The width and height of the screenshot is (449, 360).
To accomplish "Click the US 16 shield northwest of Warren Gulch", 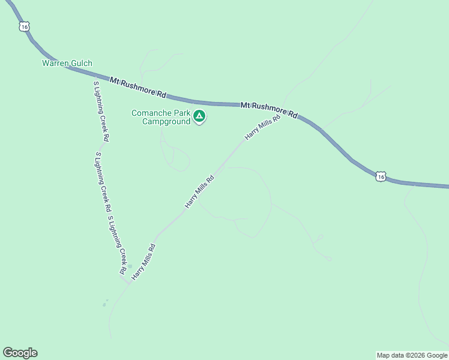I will pyautogui.click(x=23, y=26).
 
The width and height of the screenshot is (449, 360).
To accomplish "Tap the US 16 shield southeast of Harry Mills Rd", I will pyautogui.click(x=381, y=176).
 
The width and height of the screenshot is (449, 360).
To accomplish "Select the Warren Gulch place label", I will pyautogui.click(x=67, y=63).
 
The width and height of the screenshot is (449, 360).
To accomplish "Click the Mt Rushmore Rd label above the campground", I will pyautogui.click(x=137, y=87).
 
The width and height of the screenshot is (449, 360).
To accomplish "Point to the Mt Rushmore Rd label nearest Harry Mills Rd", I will pyautogui.click(x=269, y=109).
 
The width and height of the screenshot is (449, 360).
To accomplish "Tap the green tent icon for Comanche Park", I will pyautogui.click(x=199, y=116).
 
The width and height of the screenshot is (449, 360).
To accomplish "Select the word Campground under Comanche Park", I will pyautogui.click(x=166, y=121).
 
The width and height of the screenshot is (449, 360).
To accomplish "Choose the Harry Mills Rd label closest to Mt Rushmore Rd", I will pyautogui.click(x=263, y=128).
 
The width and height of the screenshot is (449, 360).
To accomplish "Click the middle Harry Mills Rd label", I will pyautogui.click(x=200, y=191).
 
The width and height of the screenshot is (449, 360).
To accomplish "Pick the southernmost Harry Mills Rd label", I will pyautogui.click(x=144, y=262).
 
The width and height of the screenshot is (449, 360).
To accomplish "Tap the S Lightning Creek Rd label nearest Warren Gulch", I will pyautogui.click(x=101, y=111).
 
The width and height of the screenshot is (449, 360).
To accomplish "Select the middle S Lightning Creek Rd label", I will pyautogui.click(x=103, y=182).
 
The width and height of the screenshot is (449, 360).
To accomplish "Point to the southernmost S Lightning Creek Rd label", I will pyautogui.click(x=117, y=243).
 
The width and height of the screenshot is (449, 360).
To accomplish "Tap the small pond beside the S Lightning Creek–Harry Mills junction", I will pyautogui.click(x=130, y=266).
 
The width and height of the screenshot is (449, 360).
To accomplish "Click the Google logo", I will pyautogui.click(x=20, y=353).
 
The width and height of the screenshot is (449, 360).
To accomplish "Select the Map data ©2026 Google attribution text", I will pyautogui.click(x=412, y=355).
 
